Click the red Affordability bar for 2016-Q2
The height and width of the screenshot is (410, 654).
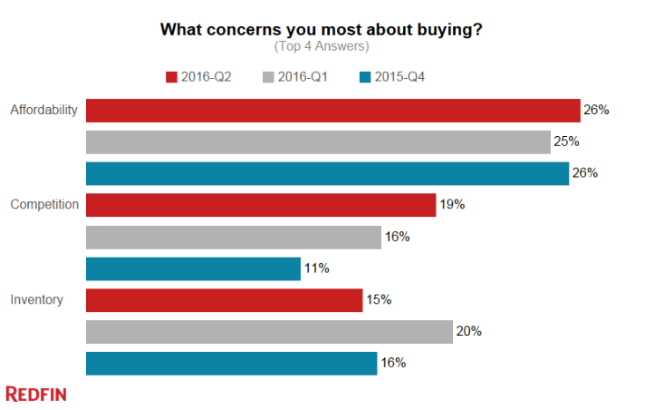pyautogui.click(x=332, y=110)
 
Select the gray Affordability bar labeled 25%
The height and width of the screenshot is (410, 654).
pyautogui.click(x=318, y=142)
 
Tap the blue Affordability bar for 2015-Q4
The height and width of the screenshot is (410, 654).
pyautogui.click(x=327, y=173)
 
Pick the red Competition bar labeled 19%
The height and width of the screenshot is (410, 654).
pyautogui.click(x=261, y=205)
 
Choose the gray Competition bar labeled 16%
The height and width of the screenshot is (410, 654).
pyautogui.click(x=233, y=237)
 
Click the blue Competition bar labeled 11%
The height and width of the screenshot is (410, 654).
pyautogui.click(x=193, y=268)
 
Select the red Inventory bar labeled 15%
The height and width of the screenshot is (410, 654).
pyautogui.click(x=224, y=300)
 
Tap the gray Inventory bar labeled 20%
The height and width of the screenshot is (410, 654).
pyautogui.click(x=269, y=332)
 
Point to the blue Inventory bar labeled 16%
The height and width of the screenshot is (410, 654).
pyautogui.click(x=231, y=364)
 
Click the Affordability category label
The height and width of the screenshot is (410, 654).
pyautogui.click(x=43, y=111)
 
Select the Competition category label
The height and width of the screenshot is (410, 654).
pyautogui.click(x=44, y=205)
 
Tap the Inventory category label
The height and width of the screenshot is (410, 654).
pyautogui.click(x=37, y=299)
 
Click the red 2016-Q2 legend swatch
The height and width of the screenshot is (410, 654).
pyautogui.click(x=172, y=77)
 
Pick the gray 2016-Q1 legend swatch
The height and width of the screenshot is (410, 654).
pyautogui.click(x=268, y=77)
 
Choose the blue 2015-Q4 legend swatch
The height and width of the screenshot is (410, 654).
pyautogui.click(x=364, y=77)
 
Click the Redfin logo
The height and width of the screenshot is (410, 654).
pyautogui.click(x=36, y=394)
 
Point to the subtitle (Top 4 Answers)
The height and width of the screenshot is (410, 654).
pyautogui.click(x=322, y=45)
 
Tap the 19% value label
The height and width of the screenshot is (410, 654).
pyautogui.click(x=452, y=205)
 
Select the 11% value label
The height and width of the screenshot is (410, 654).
pyautogui.click(x=316, y=268)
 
